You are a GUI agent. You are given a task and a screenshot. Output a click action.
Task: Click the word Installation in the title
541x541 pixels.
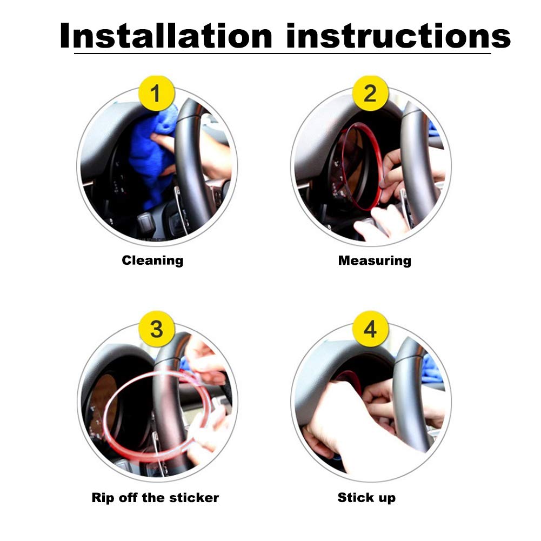(x=166, y=36)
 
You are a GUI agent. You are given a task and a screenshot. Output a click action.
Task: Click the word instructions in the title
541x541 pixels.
(x=398, y=36)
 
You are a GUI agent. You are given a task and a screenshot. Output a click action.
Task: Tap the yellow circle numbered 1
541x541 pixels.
(x=156, y=93)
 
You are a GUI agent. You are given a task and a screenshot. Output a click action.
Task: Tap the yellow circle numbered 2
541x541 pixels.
(x=370, y=93)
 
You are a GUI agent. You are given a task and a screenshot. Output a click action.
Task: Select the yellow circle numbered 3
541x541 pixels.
(x=156, y=329)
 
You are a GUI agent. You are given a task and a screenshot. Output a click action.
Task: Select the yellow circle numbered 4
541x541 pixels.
(x=370, y=329)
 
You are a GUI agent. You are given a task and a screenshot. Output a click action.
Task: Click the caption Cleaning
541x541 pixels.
(x=152, y=261)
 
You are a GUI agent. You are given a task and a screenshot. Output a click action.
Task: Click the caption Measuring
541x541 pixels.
(x=375, y=261)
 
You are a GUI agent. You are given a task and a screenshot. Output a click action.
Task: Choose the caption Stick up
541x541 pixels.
(x=366, y=498)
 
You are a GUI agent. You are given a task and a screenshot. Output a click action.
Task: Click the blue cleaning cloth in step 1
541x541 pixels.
(x=152, y=155)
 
